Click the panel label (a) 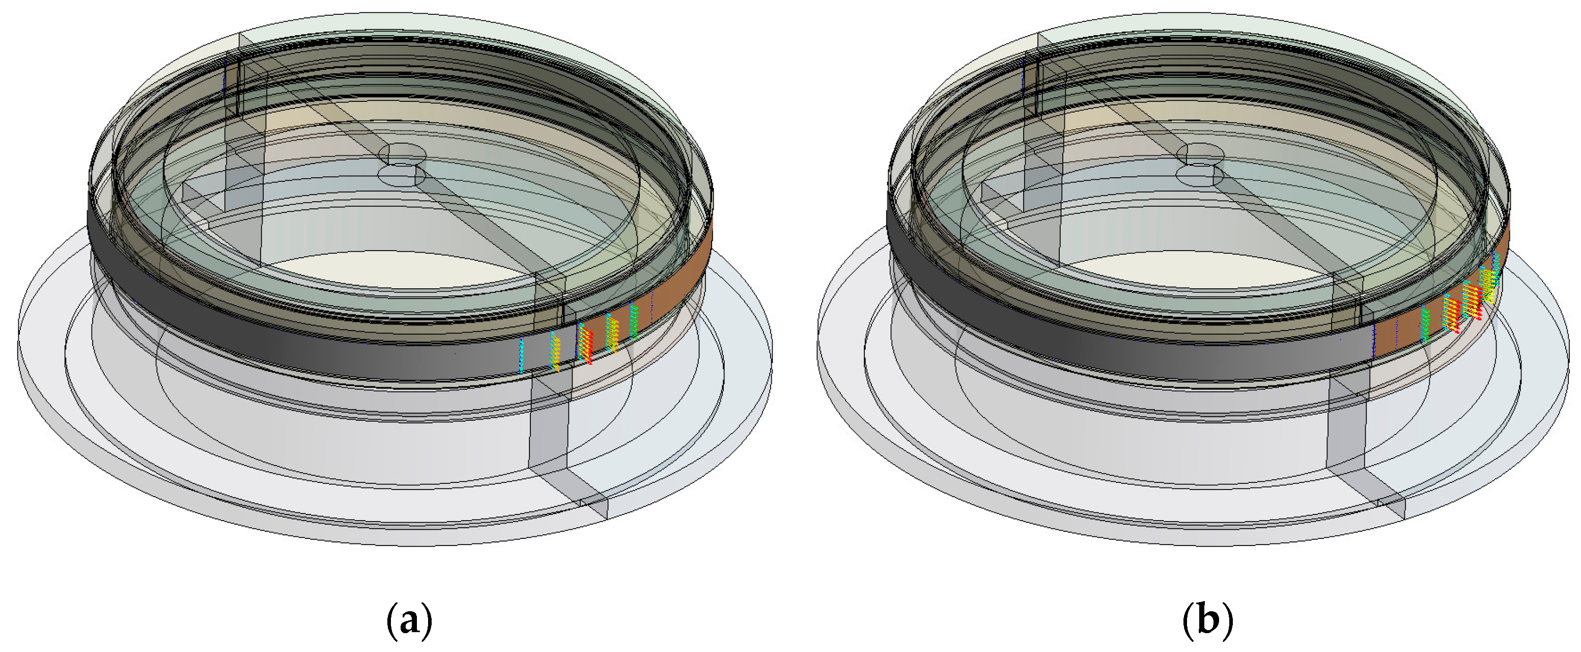coord(409,621)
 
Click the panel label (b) coord(1207,621)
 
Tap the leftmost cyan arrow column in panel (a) coord(521,355)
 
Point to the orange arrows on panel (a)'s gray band coord(555,351)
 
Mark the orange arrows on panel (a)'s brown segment coord(611,333)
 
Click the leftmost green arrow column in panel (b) coord(1425,323)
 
